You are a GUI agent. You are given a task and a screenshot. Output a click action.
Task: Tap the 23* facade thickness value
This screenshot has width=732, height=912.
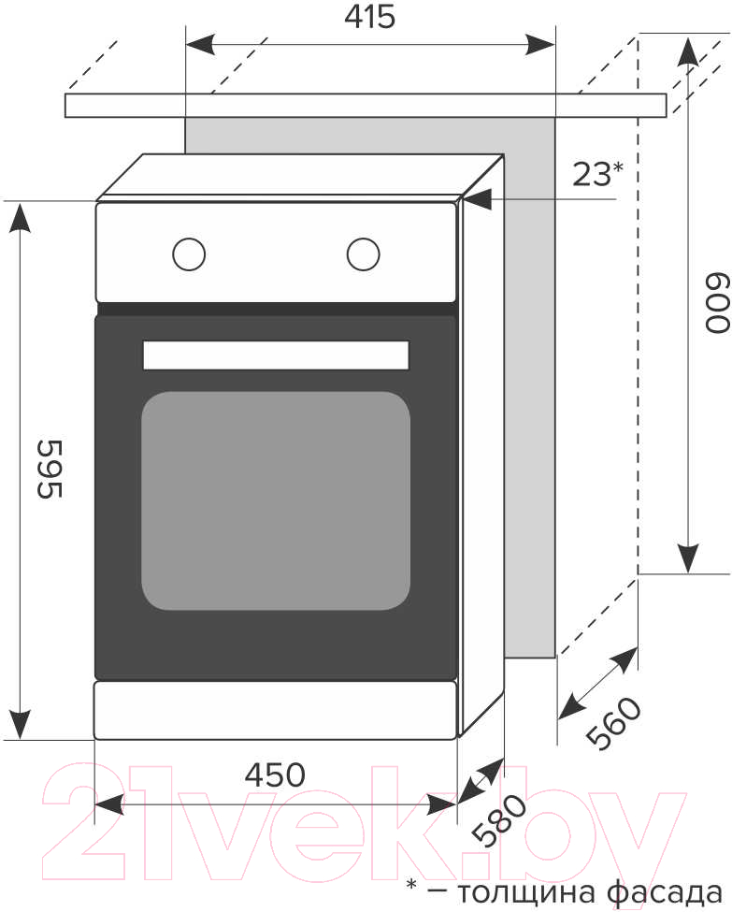tap(597, 173)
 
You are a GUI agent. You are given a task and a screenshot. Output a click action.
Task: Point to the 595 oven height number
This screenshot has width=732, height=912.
tap(49, 469)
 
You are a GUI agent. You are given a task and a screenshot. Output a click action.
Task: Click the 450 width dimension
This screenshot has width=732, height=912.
tap(275, 774)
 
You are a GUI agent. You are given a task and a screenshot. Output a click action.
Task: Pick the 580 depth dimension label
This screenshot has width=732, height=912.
tap(499, 820)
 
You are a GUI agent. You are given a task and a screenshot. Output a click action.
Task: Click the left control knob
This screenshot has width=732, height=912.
tap(189, 254)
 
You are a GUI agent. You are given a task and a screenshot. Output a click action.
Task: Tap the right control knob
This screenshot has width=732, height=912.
tap(364, 254)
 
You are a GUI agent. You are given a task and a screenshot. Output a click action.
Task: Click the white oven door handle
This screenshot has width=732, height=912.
tap(276, 355)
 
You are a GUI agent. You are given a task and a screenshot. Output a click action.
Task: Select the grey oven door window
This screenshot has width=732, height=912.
tap(276, 500)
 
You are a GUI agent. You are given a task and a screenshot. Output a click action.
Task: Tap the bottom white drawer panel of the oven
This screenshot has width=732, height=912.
tap(275, 710)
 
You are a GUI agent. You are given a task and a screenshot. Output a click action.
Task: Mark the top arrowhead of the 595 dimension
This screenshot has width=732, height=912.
tap(21, 218)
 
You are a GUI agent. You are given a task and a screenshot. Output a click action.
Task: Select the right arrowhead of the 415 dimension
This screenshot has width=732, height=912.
tap(539, 44)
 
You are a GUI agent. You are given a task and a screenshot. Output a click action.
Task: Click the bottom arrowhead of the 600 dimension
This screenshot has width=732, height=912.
tap(688, 558)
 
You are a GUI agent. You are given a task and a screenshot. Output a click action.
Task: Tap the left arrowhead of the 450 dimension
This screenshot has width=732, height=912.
tap(109, 805)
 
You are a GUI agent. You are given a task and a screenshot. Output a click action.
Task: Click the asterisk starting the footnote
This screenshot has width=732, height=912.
tap(411, 885)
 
